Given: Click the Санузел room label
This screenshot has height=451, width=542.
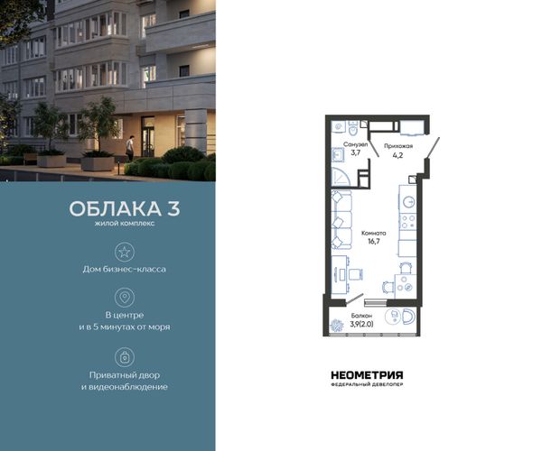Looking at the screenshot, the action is coord(355,145).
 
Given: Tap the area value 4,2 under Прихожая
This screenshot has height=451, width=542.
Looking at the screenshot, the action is coord(397,155).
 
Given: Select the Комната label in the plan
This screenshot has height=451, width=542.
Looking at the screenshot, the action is coord(374,234).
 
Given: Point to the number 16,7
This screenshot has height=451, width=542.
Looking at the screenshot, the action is coord(374,242).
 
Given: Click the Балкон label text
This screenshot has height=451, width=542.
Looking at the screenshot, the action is coord(361,316).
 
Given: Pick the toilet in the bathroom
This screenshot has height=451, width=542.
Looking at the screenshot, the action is coord(353,128).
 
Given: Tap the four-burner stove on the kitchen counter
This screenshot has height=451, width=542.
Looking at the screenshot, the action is coord(407,222).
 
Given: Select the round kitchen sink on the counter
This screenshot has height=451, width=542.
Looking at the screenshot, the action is coord(409,202).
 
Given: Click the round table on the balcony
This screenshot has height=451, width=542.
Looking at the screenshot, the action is coord(392,316).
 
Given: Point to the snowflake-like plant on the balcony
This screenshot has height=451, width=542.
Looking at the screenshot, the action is coord(336,326).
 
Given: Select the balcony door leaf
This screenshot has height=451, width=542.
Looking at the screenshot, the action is coord(354,299).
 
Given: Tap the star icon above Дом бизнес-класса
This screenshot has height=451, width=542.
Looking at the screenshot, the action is coord(125,252).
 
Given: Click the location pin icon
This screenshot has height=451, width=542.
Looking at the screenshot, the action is coord(125,298).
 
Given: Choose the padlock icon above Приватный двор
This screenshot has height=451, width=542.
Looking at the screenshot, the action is coord(125,357).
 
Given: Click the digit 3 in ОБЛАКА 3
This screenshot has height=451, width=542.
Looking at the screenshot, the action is coord(173,208).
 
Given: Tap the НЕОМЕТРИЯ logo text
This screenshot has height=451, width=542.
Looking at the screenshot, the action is coord(367,375).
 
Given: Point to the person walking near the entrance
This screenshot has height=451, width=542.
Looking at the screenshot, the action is coord(129,148).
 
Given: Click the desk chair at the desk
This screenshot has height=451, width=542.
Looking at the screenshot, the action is coord(356,274).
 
